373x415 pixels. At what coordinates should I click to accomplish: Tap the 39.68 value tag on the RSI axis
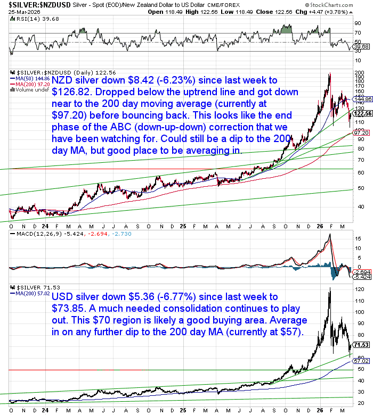[x=362, y=47]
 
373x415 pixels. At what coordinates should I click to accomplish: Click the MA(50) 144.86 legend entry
[x=32, y=78]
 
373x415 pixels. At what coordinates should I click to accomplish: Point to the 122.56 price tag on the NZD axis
[x=362, y=113]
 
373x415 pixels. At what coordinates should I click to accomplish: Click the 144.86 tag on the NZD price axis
[x=362, y=99]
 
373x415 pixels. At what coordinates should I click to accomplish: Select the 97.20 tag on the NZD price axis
[x=362, y=132]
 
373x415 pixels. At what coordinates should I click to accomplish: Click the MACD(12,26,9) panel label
[x=34, y=234]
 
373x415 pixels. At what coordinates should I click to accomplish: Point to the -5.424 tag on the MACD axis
[x=362, y=277]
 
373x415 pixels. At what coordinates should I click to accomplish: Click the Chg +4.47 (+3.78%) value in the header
[x=338, y=11]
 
